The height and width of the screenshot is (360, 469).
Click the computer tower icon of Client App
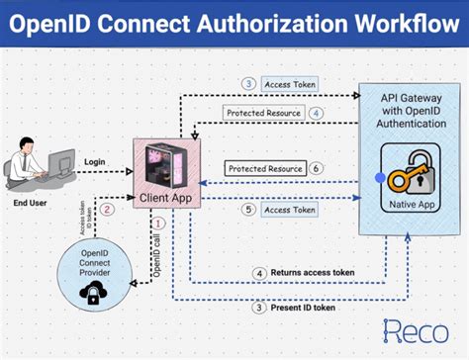tap(164, 165)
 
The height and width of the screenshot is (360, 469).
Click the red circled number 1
tap(158, 225)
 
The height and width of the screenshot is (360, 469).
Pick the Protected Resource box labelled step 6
tap(265, 169)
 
